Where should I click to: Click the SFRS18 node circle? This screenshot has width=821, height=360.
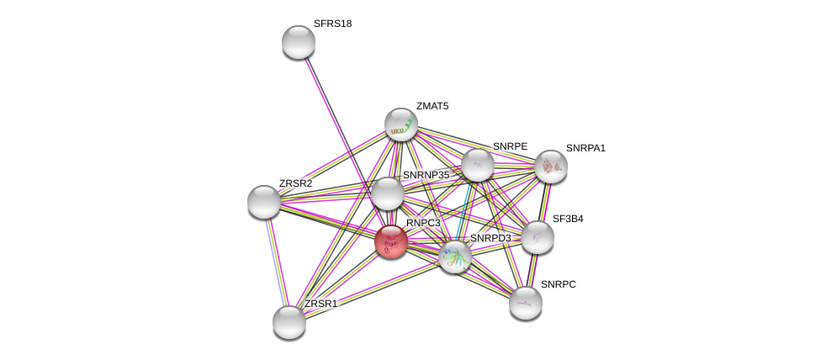pos(299,42)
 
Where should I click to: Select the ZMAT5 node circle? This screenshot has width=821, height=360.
pos(401,124)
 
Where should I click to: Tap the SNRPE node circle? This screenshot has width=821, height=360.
pos(478,165)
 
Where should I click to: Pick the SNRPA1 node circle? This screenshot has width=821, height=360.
pos(551,167)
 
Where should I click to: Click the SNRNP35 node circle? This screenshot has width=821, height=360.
pos(388,193)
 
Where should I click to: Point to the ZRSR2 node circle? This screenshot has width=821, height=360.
pos(264,202)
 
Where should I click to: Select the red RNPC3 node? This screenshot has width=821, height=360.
pos(391,242)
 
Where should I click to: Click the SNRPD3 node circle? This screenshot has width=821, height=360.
pos(455,257)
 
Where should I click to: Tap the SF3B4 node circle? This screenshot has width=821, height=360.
pos(538,237)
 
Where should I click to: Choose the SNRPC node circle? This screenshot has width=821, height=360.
pos(526,303)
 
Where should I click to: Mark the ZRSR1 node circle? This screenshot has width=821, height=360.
pos(289,322)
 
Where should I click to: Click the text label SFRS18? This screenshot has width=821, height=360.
pos(332,24)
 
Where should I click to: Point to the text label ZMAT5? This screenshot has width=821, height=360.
pos(432,106)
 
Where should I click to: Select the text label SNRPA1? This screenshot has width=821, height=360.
pos(585,148)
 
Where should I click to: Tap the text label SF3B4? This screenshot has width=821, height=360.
pos(568,219)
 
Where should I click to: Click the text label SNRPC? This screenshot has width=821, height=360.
pos(559,284)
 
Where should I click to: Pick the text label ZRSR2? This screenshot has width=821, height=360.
pos(295,183)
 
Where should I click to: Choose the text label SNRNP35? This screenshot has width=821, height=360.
pos(426,175)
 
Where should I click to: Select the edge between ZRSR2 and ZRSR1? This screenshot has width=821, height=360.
pos(276,261)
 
